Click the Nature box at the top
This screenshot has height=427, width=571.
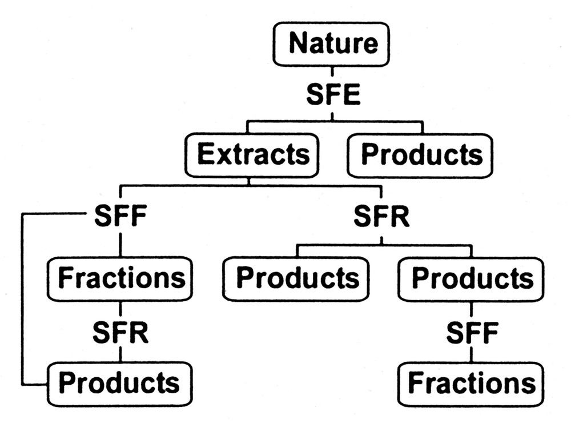coord(333,44)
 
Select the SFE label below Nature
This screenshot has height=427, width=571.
coord(333,95)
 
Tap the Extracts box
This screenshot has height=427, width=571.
coord(249,155)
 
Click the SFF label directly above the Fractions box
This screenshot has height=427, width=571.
coord(119,217)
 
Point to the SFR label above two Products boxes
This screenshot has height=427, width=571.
coord(381,217)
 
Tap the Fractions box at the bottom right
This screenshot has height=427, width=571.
coord(472,382)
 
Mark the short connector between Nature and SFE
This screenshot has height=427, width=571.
coord(333,72)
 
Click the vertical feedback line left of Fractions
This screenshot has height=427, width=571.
coord(22,297)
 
